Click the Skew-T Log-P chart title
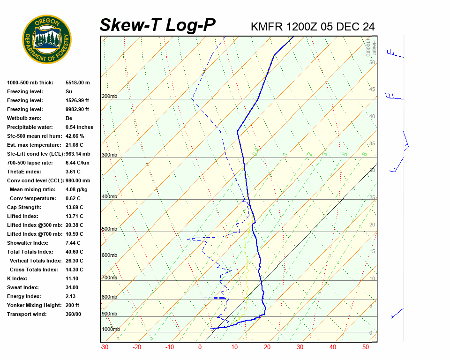(157, 25)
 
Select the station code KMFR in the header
(267, 27)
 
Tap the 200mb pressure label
(109, 97)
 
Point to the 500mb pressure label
(109, 229)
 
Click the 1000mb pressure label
(111, 330)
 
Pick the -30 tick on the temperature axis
(105, 347)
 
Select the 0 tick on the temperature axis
(200, 347)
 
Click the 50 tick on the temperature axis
(366, 347)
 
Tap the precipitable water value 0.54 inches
(79, 127)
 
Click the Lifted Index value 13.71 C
(75, 216)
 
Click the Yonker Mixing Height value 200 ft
(74, 305)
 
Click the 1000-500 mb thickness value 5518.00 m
(77, 82)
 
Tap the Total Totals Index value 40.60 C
(75, 252)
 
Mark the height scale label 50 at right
(372, 62)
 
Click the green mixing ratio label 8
(364, 153)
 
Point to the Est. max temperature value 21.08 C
(75, 145)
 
